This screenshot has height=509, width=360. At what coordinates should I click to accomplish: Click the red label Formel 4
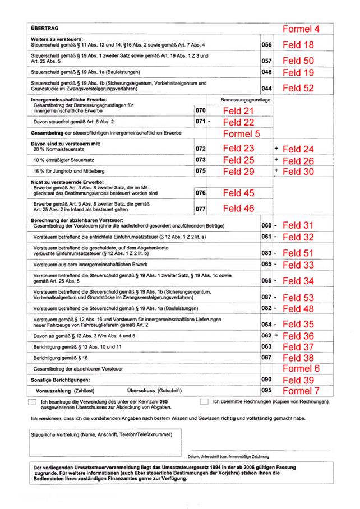(x=301, y=29)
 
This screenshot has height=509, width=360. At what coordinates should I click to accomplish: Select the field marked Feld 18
(x=298, y=45)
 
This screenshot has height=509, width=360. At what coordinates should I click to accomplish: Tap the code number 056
(x=266, y=45)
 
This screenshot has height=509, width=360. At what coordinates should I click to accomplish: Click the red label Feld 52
(x=298, y=88)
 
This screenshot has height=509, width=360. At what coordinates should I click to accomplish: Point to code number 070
(x=200, y=111)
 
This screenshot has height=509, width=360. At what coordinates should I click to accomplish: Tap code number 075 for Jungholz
(x=200, y=170)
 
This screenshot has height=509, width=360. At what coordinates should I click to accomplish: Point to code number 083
(x=266, y=253)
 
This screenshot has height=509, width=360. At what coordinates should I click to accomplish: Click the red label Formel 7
(x=301, y=390)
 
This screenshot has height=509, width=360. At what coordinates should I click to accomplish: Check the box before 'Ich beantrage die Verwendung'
(x=32, y=402)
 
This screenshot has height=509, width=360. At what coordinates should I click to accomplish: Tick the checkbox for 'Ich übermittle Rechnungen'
(x=205, y=402)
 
